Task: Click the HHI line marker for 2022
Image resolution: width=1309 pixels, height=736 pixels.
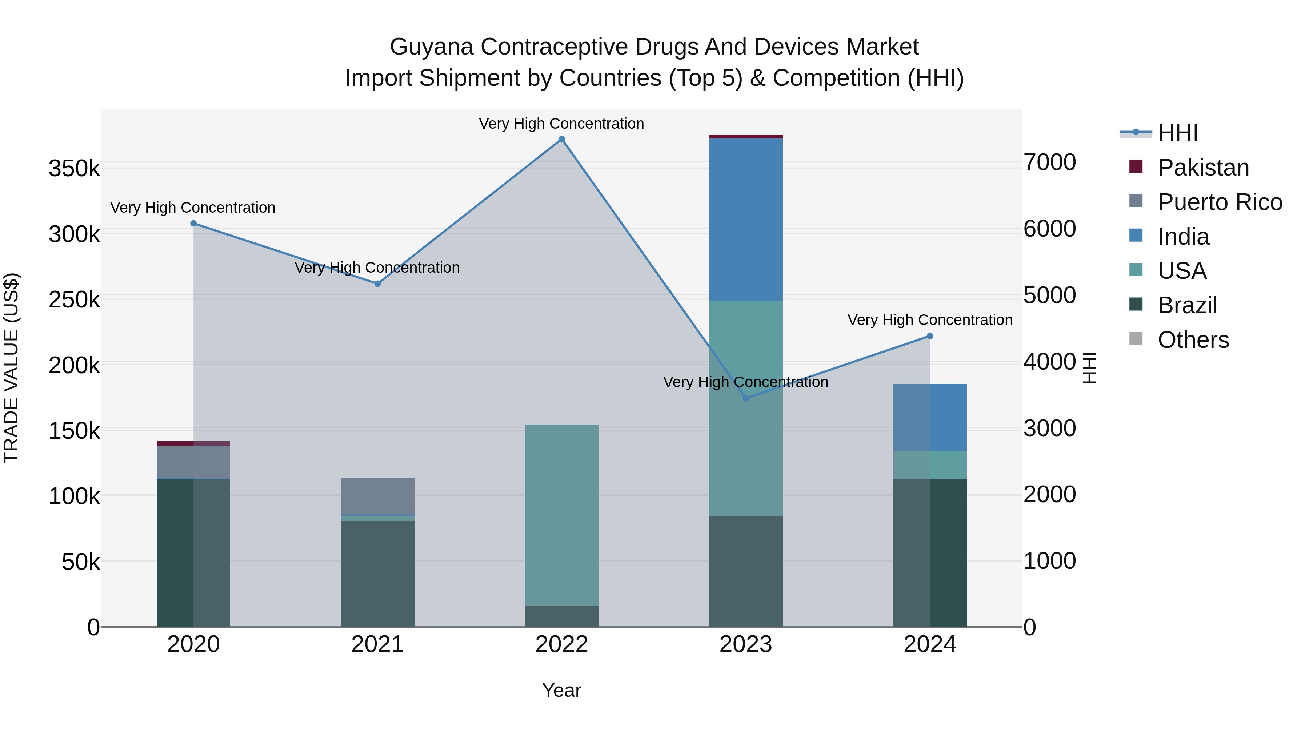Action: click(561, 139)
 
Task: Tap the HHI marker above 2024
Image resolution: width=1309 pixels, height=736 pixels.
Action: click(930, 336)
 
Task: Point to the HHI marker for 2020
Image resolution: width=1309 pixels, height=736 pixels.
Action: click(193, 224)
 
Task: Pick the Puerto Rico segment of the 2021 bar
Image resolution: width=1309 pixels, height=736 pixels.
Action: click(377, 496)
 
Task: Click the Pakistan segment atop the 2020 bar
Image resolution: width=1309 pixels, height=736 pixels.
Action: click(193, 443)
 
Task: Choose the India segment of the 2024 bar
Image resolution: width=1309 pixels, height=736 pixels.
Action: click(930, 417)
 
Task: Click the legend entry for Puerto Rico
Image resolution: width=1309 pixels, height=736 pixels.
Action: click(1220, 202)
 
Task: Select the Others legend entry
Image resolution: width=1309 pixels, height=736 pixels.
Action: click(1193, 340)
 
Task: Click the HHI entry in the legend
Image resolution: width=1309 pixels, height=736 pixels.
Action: click(1177, 133)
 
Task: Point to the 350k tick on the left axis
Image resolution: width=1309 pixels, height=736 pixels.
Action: click(74, 168)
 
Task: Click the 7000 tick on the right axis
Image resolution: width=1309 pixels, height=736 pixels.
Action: click(1049, 162)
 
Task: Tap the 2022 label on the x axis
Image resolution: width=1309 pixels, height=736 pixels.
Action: click(561, 644)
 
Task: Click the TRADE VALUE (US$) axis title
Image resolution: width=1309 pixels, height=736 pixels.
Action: click(11, 368)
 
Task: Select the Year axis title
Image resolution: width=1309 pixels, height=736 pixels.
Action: click(561, 690)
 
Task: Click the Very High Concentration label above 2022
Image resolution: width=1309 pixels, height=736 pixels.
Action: click(561, 124)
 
